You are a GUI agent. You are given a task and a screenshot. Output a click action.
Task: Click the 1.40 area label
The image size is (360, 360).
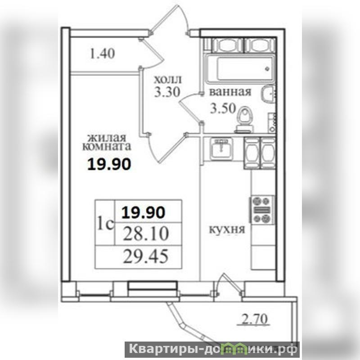(x=102, y=54)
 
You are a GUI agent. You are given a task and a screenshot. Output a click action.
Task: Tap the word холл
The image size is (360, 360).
(x=167, y=80)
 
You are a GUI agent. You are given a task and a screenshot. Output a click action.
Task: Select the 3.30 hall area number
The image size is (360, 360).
(x=167, y=92)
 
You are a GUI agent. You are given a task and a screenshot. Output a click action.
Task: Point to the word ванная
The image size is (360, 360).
(x=230, y=92)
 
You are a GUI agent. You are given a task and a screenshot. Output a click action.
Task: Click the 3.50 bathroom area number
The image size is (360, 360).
(x=223, y=108)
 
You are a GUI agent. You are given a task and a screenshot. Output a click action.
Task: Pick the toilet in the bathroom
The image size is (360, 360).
(x=244, y=119)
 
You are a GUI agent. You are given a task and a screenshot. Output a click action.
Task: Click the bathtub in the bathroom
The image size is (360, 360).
(x=240, y=68)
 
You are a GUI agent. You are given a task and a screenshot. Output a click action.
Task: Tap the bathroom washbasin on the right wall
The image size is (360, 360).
(x=268, y=94)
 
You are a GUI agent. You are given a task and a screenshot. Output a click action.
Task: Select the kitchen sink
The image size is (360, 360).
(x=221, y=148)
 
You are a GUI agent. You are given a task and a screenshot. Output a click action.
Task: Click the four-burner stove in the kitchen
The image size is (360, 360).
(x=262, y=210)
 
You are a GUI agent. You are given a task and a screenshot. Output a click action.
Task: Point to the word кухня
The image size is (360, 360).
(x=227, y=229)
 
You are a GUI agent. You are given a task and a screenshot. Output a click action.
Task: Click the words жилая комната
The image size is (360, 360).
(x=107, y=142)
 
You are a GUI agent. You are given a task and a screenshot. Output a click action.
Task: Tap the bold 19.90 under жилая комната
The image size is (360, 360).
(x=109, y=164)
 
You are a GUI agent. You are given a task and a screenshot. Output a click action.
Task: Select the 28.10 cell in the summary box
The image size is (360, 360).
(x=146, y=234)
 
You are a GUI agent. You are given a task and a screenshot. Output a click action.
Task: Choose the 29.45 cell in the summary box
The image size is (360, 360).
(x=145, y=256)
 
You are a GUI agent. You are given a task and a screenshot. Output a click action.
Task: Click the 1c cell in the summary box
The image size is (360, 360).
(x=106, y=223)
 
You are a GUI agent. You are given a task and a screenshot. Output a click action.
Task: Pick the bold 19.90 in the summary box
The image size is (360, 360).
(x=143, y=212)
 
